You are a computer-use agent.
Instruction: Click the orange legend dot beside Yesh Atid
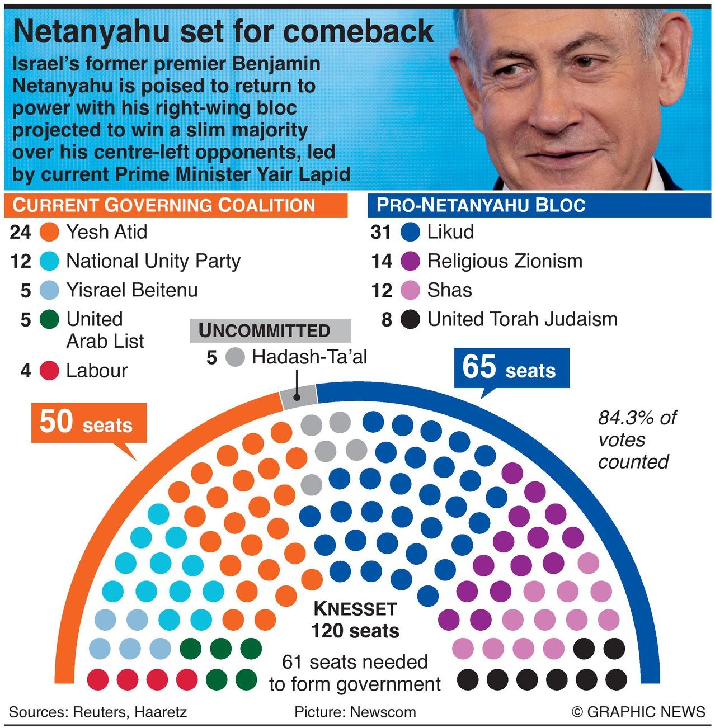coord(50,232)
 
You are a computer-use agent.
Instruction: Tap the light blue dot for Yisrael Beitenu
coord(50,290)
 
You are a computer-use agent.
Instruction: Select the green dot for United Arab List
coord(50,319)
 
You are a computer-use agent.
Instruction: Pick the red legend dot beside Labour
coord(50,371)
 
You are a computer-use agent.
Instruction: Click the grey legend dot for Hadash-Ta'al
coord(235,357)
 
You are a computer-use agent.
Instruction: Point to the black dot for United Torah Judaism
coord(411,319)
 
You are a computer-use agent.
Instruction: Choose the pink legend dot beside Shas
coord(411,290)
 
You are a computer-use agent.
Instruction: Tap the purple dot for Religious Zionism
coord(411,261)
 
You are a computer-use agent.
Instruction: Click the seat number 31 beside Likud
coord(381,232)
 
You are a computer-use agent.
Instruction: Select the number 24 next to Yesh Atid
coord(21,232)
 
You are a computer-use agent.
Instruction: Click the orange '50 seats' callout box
coord(88,423)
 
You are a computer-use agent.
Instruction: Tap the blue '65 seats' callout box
coord(511,368)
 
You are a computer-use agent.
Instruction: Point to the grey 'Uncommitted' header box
coord(270,330)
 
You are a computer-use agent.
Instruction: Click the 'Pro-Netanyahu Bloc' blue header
coord(539,205)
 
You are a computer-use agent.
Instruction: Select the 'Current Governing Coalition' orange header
coord(175,205)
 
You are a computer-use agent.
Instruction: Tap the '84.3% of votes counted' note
coord(636,439)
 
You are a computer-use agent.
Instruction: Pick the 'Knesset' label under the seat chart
coord(355,608)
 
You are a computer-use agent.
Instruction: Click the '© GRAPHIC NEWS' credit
coord(638,712)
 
